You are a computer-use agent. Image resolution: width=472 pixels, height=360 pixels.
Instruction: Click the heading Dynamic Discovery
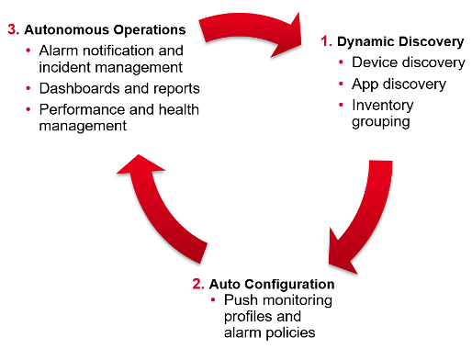400,41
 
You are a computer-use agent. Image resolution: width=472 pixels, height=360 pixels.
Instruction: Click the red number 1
324,41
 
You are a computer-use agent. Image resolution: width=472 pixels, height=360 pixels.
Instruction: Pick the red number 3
12,29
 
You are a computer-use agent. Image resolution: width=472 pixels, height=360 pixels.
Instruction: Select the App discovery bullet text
399,84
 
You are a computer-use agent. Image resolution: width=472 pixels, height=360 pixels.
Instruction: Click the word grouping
381,121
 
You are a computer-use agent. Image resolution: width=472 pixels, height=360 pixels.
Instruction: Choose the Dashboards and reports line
119,88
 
